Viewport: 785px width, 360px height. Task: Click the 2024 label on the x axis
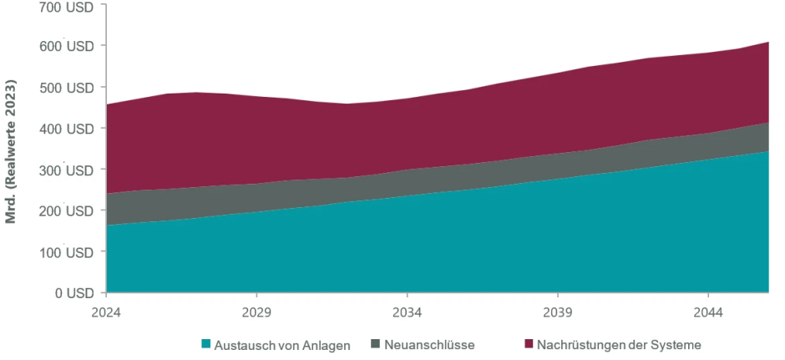coord(106,312)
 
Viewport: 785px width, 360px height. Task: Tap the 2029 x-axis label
coord(256,312)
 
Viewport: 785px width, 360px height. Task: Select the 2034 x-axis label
coord(407,312)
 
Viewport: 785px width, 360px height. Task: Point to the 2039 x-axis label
coord(557,312)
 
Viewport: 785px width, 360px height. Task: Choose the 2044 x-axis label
coord(707,312)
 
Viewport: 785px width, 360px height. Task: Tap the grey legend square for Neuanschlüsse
coord(376,344)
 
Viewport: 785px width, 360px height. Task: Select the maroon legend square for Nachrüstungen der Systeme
coord(529,344)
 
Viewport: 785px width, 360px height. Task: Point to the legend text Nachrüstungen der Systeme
coord(619,344)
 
